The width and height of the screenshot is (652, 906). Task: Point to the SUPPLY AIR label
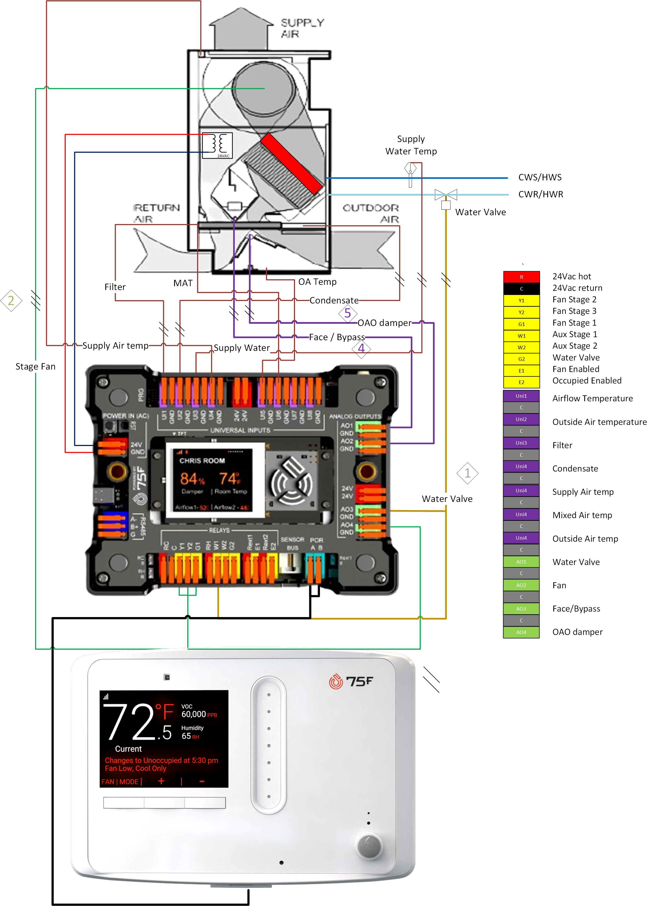coord(302,28)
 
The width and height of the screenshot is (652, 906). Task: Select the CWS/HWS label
coord(540,177)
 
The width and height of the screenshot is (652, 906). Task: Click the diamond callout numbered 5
coord(348,313)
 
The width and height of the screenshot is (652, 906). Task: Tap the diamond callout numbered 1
coord(467,473)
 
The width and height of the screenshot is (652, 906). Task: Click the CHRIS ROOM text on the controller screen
coord(202,461)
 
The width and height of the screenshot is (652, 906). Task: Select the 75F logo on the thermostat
coord(351,681)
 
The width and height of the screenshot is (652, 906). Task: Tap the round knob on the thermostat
coord(369,846)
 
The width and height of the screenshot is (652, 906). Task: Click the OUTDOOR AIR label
coord(371,213)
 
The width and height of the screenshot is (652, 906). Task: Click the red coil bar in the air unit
coord(291,163)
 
